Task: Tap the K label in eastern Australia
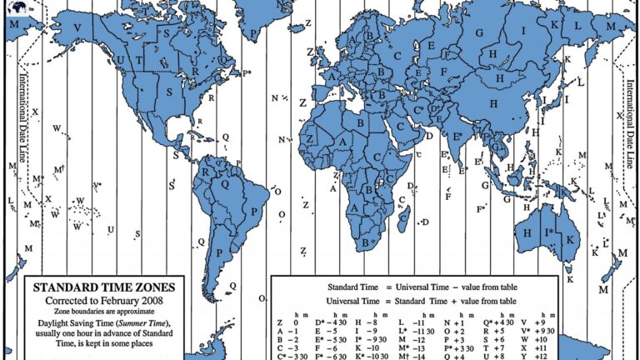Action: [571, 239]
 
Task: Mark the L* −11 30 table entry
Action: [413, 331]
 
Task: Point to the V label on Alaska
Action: [77, 27]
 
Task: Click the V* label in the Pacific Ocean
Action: [97, 185]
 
